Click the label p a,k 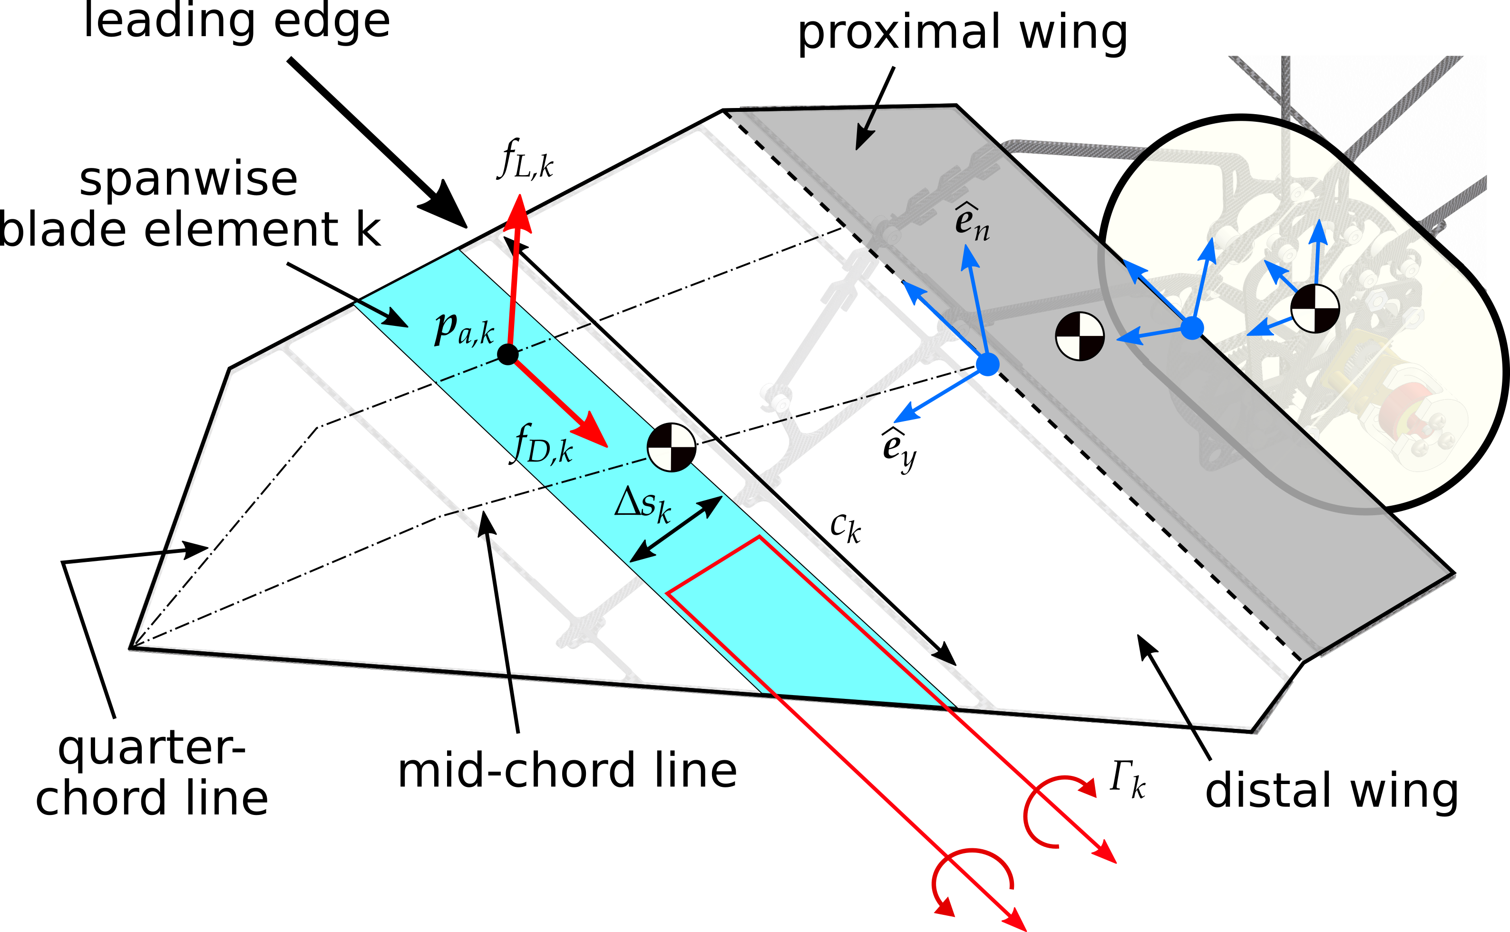click(464, 330)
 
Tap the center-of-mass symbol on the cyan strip click(672, 447)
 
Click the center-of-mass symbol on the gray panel click(1080, 336)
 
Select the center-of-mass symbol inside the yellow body click(1315, 308)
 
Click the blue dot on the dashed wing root click(988, 364)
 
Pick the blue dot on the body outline click(1192, 328)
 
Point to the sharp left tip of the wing click(131, 647)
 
